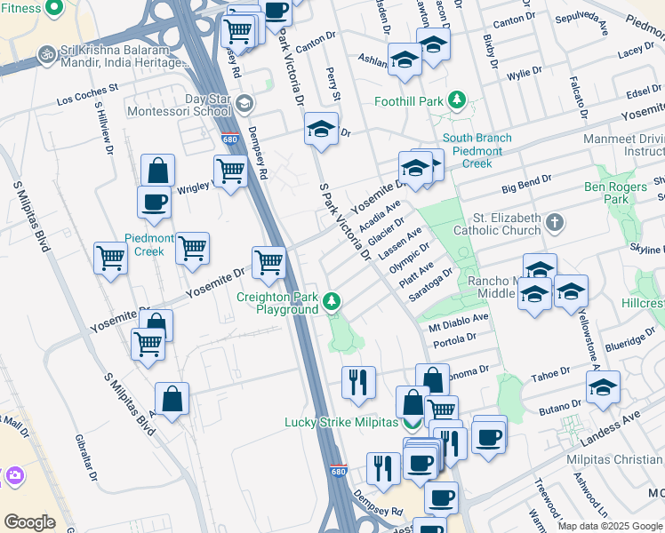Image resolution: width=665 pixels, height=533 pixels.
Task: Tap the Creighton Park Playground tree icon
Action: coord(332,302)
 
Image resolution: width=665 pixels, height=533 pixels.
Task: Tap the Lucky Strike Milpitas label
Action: coord(341,422)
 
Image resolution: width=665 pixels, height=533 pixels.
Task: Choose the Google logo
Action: coord(29,522)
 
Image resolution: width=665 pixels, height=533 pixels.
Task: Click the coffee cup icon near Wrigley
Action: coord(154,202)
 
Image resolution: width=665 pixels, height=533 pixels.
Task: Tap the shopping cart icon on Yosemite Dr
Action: coord(268,262)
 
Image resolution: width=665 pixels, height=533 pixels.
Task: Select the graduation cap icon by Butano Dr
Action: coord(603,387)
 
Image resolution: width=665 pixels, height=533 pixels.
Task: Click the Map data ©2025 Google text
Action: coord(610,526)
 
